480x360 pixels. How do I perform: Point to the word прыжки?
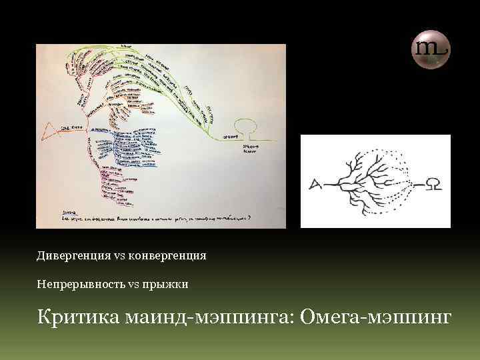171,285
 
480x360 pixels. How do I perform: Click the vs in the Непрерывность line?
132,285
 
